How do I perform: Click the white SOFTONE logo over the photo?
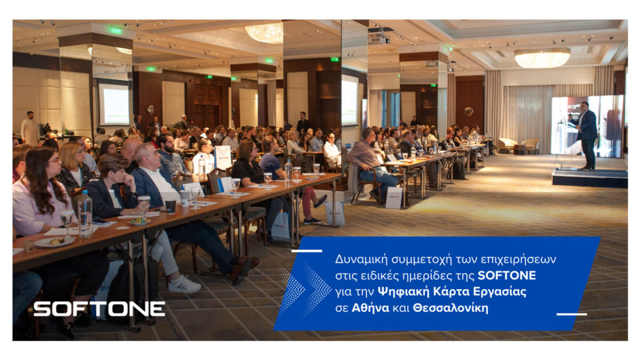(99, 309)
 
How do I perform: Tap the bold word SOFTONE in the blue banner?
(507, 276)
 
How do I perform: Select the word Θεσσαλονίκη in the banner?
(451, 308)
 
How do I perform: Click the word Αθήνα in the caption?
(370, 308)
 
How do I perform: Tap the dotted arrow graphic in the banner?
(305, 289)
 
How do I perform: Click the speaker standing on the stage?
(585, 135)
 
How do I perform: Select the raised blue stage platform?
(590, 178)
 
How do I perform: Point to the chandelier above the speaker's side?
(542, 58)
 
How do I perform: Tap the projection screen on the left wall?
(114, 104)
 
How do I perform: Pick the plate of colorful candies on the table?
(139, 221)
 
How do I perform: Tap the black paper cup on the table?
(171, 207)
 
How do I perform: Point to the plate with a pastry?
(54, 242)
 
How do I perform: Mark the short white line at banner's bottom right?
(572, 314)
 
